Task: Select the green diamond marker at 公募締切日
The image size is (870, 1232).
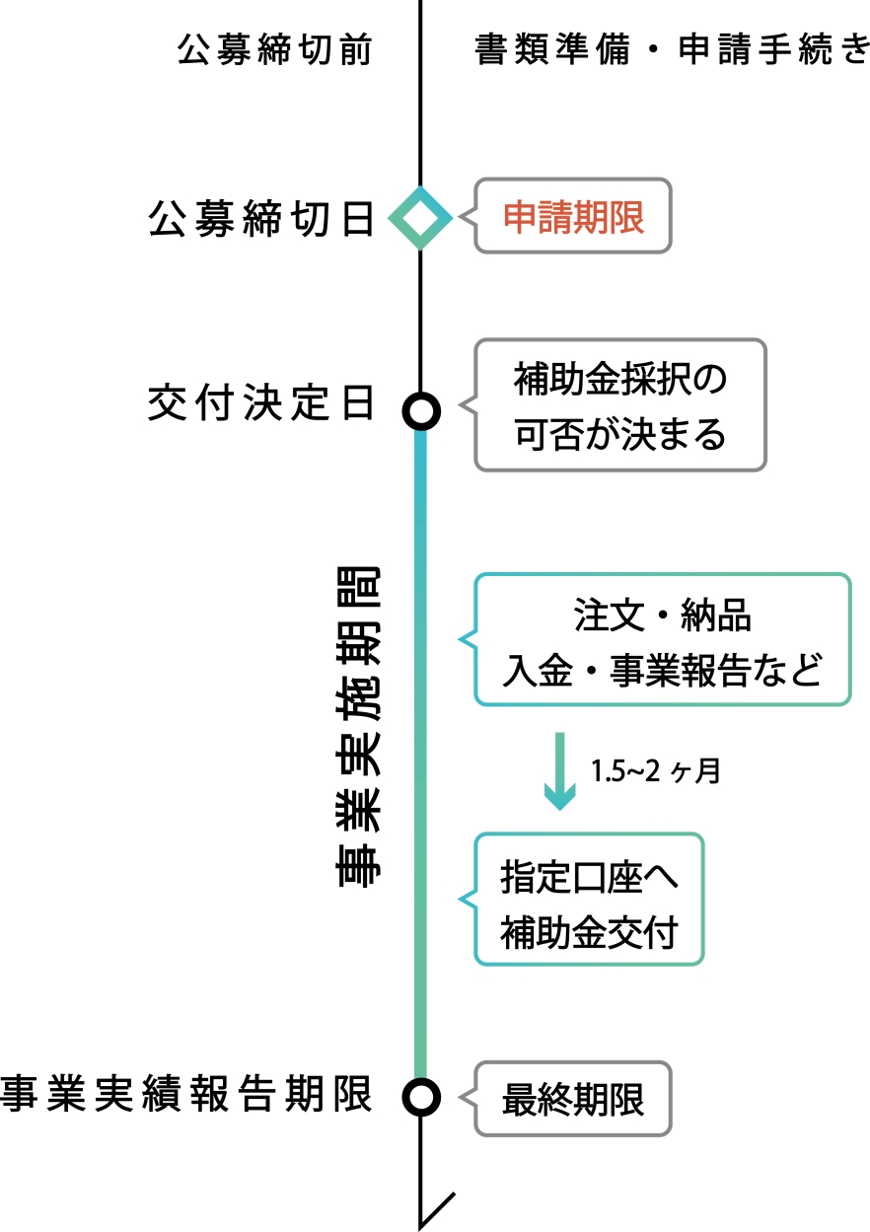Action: (420, 218)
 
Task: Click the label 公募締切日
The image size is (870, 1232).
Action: (261, 219)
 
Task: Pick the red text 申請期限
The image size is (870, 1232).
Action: (573, 217)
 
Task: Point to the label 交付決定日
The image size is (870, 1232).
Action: (261, 404)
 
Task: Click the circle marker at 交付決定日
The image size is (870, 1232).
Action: (421, 410)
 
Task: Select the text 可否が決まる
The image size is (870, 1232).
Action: (619, 433)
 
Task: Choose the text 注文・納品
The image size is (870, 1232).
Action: (662, 616)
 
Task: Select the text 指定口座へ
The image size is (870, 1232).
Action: (589, 876)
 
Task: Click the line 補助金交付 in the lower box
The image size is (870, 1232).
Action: (589, 931)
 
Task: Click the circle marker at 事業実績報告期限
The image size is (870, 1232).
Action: (421, 1096)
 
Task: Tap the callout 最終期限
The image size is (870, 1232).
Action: (573, 1098)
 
